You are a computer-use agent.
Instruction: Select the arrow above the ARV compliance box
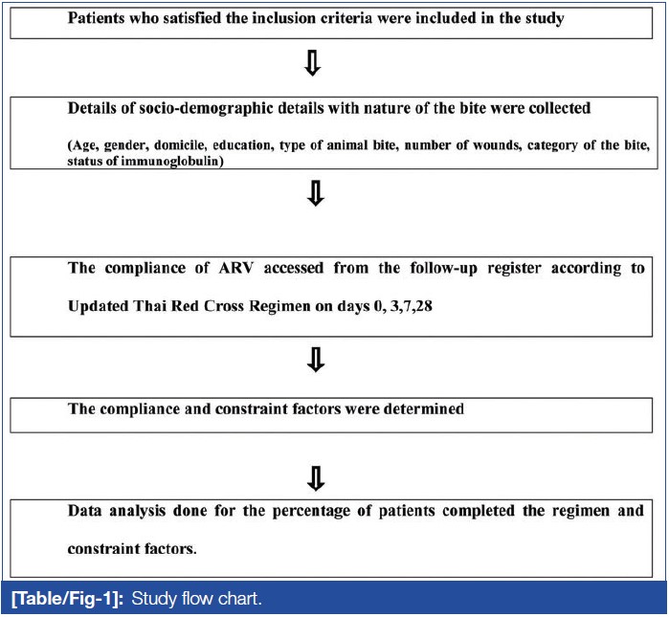click(x=313, y=194)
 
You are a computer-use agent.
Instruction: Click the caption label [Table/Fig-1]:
click(x=65, y=599)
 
